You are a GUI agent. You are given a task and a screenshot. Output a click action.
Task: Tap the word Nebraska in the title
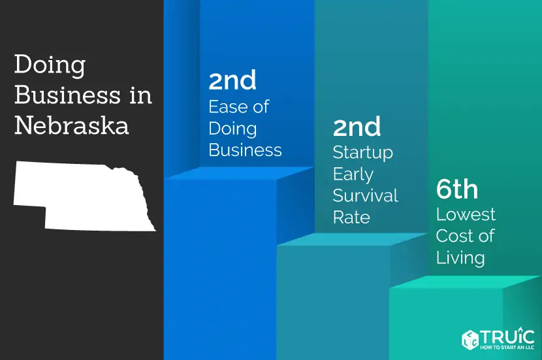click(x=72, y=125)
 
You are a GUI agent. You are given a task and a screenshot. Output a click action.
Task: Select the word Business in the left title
click(x=67, y=95)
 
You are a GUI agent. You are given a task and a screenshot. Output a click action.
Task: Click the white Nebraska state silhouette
click(x=84, y=196)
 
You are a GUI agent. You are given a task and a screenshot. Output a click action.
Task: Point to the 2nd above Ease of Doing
click(x=232, y=80)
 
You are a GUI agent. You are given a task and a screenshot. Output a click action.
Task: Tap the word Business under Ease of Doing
click(x=245, y=150)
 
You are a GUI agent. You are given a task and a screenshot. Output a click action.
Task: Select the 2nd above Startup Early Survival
click(x=357, y=127)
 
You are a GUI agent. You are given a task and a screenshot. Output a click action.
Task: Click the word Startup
click(x=363, y=153)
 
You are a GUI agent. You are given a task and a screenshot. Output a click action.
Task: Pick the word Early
click(x=353, y=174)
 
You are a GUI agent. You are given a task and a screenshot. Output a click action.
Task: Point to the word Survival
click(x=366, y=195)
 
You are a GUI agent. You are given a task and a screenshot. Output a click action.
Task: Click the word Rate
click(x=351, y=217)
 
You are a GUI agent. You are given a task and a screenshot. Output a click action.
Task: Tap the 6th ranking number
click(x=457, y=189)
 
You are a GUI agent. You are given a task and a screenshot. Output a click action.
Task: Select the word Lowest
click(x=466, y=214)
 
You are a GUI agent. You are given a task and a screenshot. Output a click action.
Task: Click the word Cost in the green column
click(x=453, y=236)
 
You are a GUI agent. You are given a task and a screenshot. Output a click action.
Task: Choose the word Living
click(x=460, y=258)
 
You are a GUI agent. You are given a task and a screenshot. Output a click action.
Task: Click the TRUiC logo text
click(x=507, y=336)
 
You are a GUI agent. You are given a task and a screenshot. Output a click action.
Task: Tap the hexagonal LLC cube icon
click(x=470, y=339)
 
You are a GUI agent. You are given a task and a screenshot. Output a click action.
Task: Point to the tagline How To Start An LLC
click(x=507, y=347)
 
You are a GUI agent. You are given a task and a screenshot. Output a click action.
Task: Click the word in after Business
click(x=141, y=95)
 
